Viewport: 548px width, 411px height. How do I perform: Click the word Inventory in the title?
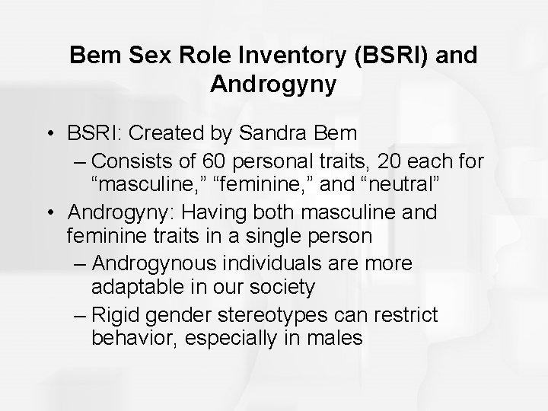tap(288, 55)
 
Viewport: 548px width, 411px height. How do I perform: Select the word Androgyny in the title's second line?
tap(272, 84)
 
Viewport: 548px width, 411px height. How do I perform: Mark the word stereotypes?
tap(285, 314)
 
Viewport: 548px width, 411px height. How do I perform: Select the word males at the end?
tap(335, 337)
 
